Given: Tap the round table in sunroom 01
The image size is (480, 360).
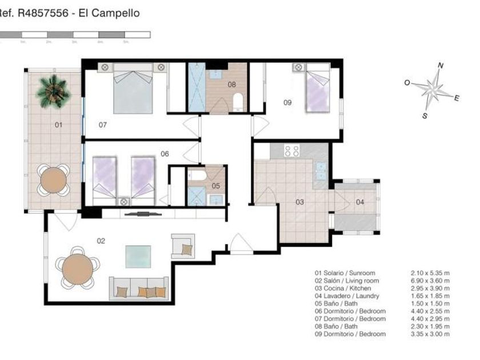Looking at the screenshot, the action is pyautogui.click(x=54, y=180).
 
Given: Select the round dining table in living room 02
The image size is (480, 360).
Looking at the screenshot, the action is pyautogui.click(x=78, y=270).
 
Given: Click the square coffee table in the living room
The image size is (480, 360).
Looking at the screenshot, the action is pyautogui.click(x=138, y=257).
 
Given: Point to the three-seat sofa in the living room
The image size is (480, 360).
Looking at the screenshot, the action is pyautogui.click(x=139, y=289).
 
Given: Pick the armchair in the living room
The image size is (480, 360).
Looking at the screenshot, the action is pyautogui.click(x=183, y=246).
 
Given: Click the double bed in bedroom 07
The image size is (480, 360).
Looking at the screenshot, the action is pyautogui.click(x=133, y=89).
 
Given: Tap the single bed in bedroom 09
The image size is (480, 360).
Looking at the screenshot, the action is pyautogui.click(x=318, y=88).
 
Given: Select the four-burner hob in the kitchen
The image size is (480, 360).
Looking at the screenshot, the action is pyautogui.click(x=291, y=151).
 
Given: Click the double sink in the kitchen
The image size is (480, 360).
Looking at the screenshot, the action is pyautogui.click(x=321, y=171).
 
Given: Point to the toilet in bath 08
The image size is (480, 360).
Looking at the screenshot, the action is pyautogui.click(x=238, y=102).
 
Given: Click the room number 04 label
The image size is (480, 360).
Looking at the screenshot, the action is pyautogui.click(x=360, y=202).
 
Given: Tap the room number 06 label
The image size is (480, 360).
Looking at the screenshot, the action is pyautogui.click(x=165, y=154).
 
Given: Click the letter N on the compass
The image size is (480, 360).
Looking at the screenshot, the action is pyautogui.click(x=441, y=65).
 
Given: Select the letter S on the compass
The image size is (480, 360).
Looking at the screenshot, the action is pyautogui.click(x=425, y=115).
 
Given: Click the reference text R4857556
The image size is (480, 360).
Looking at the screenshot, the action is pyautogui.click(x=43, y=13).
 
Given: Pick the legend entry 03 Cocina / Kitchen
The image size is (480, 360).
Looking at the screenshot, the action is pyautogui.click(x=343, y=289).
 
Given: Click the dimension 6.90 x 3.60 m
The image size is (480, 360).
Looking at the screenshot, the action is pyautogui.click(x=430, y=281).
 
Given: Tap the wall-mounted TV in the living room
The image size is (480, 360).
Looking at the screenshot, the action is pyautogui.click(x=143, y=214).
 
